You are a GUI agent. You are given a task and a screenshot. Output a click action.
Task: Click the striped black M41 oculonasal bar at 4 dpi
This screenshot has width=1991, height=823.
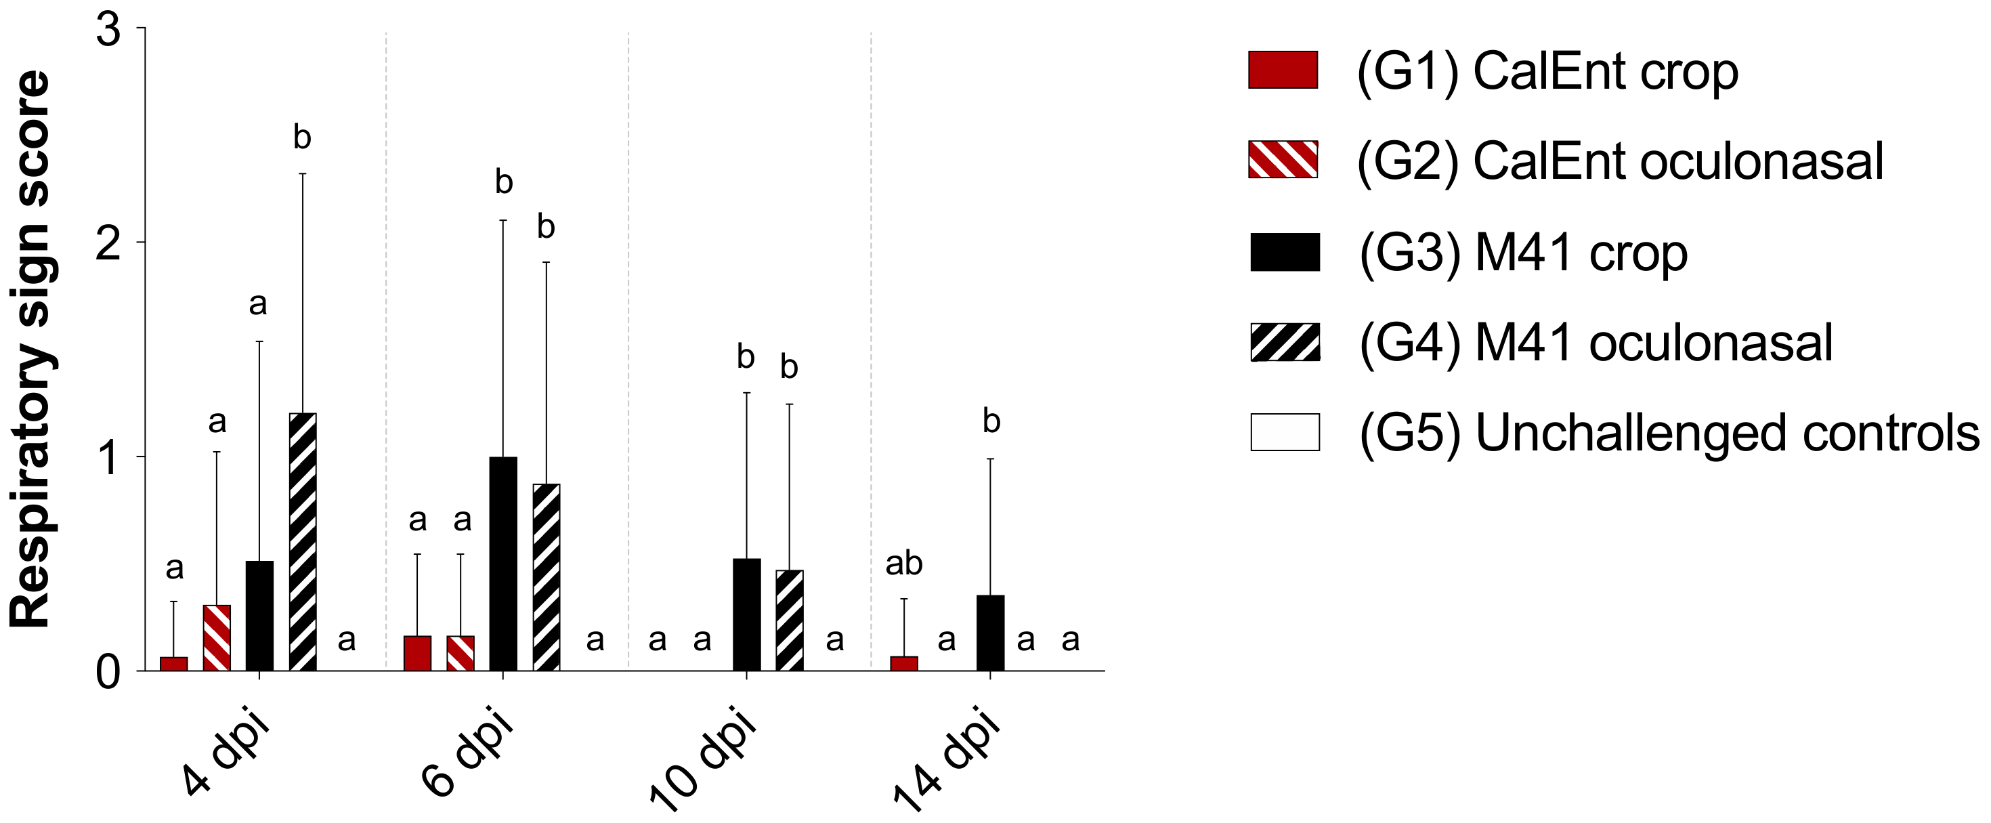(x=303, y=542)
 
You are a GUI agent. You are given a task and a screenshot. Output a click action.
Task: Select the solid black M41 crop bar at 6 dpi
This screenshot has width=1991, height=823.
(x=503, y=564)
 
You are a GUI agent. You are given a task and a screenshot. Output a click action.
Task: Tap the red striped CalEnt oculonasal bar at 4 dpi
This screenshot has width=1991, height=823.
(x=217, y=637)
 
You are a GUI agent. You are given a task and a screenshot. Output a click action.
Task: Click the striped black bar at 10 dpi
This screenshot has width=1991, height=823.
(x=789, y=620)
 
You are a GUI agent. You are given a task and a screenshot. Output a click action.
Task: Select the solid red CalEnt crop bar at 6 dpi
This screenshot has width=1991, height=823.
(x=417, y=653)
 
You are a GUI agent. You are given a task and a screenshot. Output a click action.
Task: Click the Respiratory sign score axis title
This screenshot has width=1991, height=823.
(x=31, y=347)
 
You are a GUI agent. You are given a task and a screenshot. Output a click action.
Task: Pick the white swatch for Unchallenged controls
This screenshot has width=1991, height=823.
(x=1285, y=432)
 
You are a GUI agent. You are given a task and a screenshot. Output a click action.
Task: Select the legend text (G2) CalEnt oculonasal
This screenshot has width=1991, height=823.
(x=1620, y=161)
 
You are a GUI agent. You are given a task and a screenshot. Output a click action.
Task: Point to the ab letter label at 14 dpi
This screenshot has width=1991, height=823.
(x=903, y=564)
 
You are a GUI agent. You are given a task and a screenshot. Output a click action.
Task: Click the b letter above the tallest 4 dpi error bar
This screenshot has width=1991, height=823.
(x=302, y=138)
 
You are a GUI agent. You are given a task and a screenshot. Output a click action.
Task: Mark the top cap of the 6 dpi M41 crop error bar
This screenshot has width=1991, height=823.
(x=503, y=220)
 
